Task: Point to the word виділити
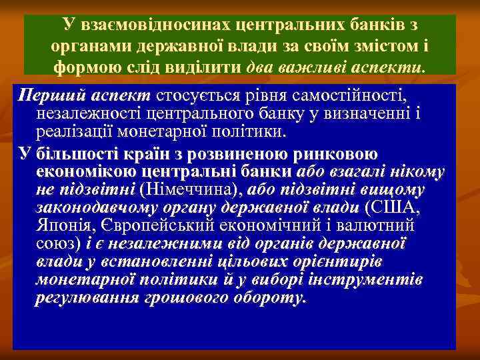(x=212, y=68)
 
